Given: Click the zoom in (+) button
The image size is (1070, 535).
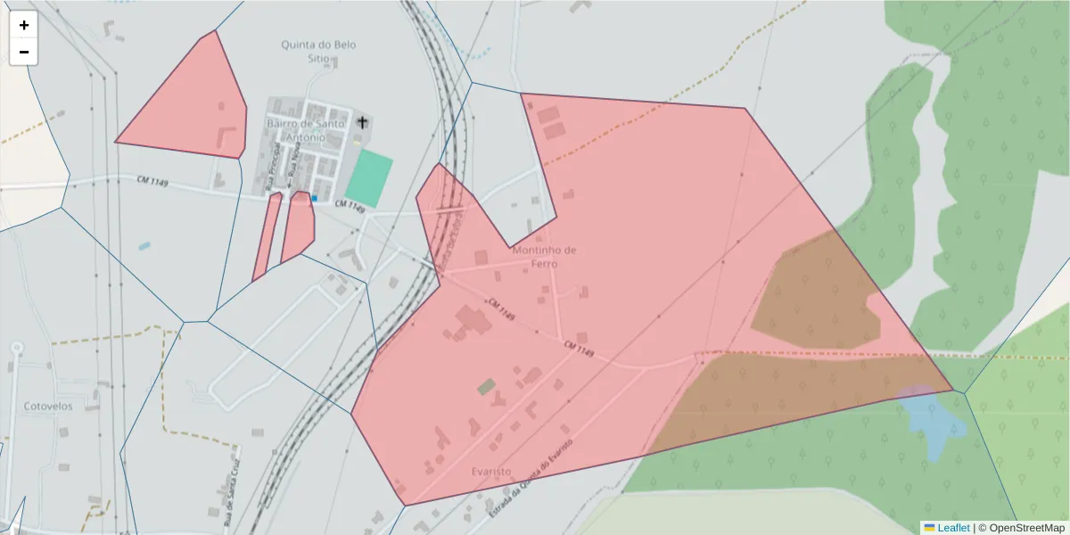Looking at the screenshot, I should (x=24, y=25).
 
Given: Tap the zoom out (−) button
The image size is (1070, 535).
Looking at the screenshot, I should (x=24, y=52).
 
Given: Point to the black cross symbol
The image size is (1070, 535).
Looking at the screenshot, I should (x=362, y=122).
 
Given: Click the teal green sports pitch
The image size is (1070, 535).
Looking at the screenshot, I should (x=369, y=178).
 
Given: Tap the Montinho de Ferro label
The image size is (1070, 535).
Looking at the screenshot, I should (x=544, y=257).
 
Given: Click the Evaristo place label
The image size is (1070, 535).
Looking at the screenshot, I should (x=490, y=471).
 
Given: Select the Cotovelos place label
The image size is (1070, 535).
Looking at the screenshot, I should (x=48, y=406).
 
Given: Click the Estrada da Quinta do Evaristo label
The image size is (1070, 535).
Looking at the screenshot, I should (x=530, y=479).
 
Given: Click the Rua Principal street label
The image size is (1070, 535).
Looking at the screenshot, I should (x=271, y=167).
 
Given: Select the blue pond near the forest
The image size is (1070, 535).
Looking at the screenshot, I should (x=933, y=419).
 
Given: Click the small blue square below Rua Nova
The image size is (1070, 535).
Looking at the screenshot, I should (x=314, y=197).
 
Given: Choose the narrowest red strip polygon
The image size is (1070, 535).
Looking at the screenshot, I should (x=267, y=236).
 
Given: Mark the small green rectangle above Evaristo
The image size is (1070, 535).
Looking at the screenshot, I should (x=486, y=387).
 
